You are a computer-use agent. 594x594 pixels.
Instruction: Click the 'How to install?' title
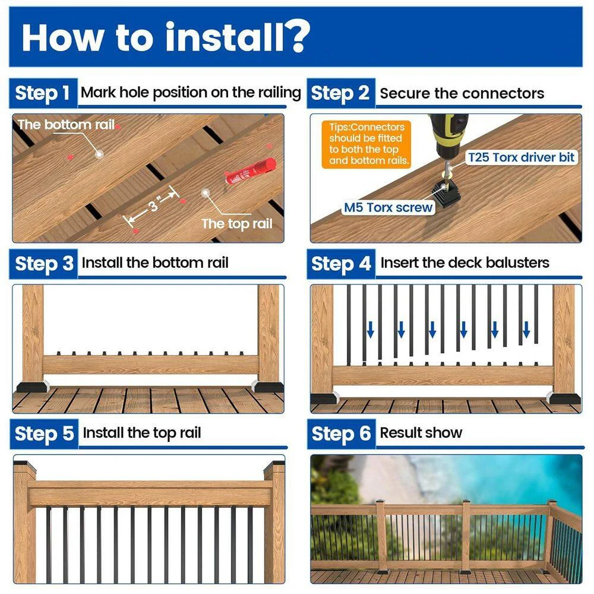point(166,37)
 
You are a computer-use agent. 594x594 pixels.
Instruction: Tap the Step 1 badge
point(43,93)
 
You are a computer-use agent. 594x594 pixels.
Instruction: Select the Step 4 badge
point(341,264)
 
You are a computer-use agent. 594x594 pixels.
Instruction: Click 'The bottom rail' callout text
point(67,125)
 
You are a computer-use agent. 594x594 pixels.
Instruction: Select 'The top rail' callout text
point(237,224)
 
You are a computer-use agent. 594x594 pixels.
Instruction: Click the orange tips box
point(366,144)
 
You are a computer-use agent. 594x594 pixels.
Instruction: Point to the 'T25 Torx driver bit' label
point(522,157)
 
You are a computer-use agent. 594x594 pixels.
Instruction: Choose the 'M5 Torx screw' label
point(388,207)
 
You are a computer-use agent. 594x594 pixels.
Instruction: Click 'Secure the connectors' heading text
point(462,93)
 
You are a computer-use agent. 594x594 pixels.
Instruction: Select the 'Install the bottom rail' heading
point(155,263)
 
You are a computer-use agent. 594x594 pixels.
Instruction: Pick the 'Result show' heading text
point(421,432)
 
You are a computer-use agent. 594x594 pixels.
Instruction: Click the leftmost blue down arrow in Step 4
point(371,330)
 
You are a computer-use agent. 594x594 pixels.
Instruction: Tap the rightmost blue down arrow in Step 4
point(526,330)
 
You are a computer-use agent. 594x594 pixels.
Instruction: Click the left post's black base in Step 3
point(33,387)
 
